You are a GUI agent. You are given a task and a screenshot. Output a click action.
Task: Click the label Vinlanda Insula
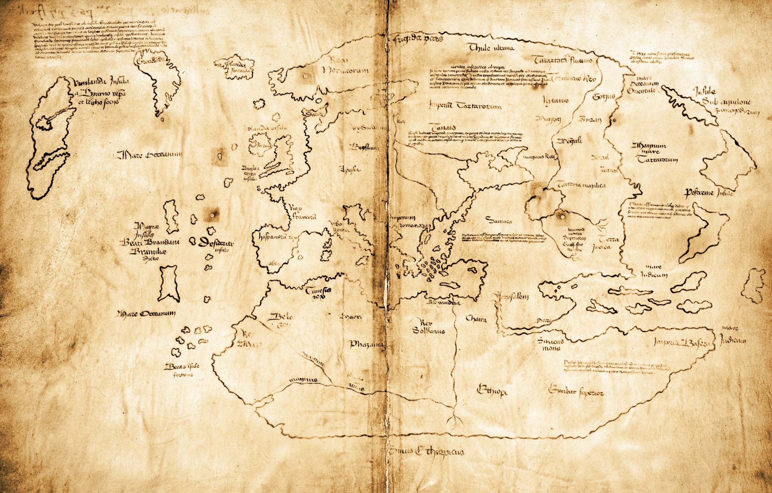pyautogui.click(x=101, y=82)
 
